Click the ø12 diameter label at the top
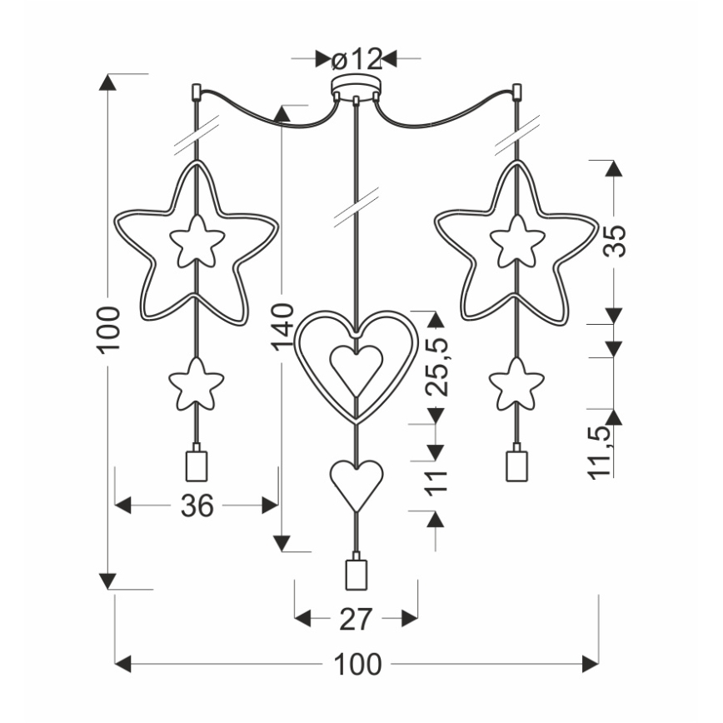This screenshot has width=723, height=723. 356,59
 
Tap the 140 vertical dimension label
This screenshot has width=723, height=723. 283,328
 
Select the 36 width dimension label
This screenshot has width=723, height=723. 197,505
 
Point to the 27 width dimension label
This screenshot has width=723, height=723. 357,619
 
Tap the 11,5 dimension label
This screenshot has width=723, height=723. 600,449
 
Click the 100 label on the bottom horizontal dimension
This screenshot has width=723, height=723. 357,665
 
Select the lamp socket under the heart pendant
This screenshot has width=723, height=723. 357,574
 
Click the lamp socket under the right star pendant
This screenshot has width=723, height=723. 516,464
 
